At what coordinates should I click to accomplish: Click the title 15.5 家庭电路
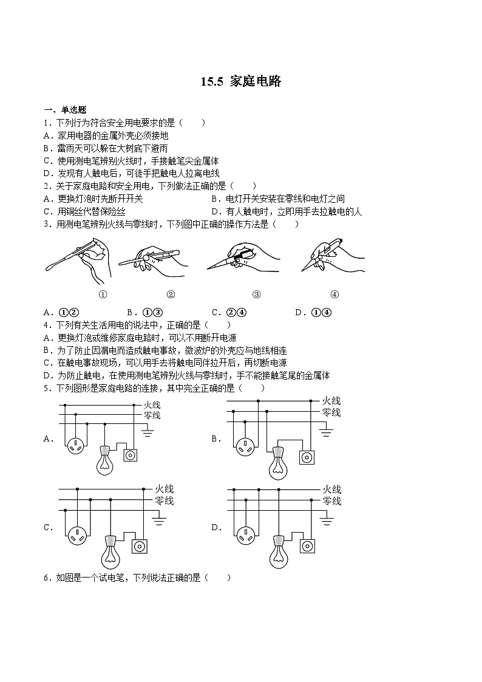click(241, 81)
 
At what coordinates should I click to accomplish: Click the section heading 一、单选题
click(65, 110)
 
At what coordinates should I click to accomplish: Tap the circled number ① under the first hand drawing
click(103, 295)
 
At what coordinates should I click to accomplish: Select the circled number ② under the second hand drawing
click(171, 295)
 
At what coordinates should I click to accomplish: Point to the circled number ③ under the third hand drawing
click(256, 295)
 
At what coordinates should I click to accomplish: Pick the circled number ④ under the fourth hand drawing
click(334, 295)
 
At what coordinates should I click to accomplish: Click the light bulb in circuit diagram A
click(106, 462)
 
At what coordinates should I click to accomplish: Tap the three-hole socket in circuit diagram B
click(245, 448)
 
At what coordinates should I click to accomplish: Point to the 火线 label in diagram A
click(152, 404)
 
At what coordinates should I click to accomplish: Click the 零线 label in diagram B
click(331, 413)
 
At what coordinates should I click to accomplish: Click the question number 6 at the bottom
click(46, 578)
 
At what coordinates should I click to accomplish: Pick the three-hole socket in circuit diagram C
click(78, 535)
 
